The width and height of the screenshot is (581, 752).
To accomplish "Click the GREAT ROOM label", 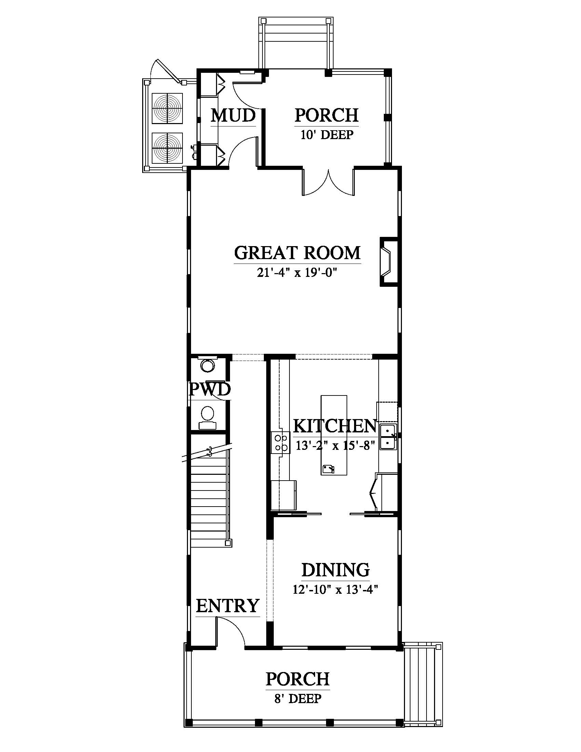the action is pyautogui.click(x=297, y=253).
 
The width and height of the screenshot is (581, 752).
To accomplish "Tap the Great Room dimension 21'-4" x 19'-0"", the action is pyautogui.click(x=297, y=273).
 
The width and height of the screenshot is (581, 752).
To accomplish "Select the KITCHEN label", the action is pyautogui.click(x=335, y=426).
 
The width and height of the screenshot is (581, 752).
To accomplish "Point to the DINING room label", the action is pyautogui.click(x=336, y=570).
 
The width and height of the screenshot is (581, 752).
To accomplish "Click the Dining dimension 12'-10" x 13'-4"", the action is pyautogui.click(x=336, y=590).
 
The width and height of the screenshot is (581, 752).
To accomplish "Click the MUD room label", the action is pyautogui.click(x=233, y=115).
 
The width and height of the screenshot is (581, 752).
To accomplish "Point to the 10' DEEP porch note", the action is pyautogui.click(x=327, y=135).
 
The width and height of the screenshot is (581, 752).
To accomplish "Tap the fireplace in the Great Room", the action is pyautogui.click(x=389, y=262).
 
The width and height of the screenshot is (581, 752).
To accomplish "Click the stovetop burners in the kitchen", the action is pyautogui.click(x=280, y=443).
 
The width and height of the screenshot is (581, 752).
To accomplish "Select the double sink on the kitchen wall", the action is pyautogui.click(x=388, y=437).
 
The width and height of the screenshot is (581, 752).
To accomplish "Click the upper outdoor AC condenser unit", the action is pyautogui.click(x=167, y=108).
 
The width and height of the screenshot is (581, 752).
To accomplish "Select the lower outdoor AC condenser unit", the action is pyautogui.click(x=167, y=148).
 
